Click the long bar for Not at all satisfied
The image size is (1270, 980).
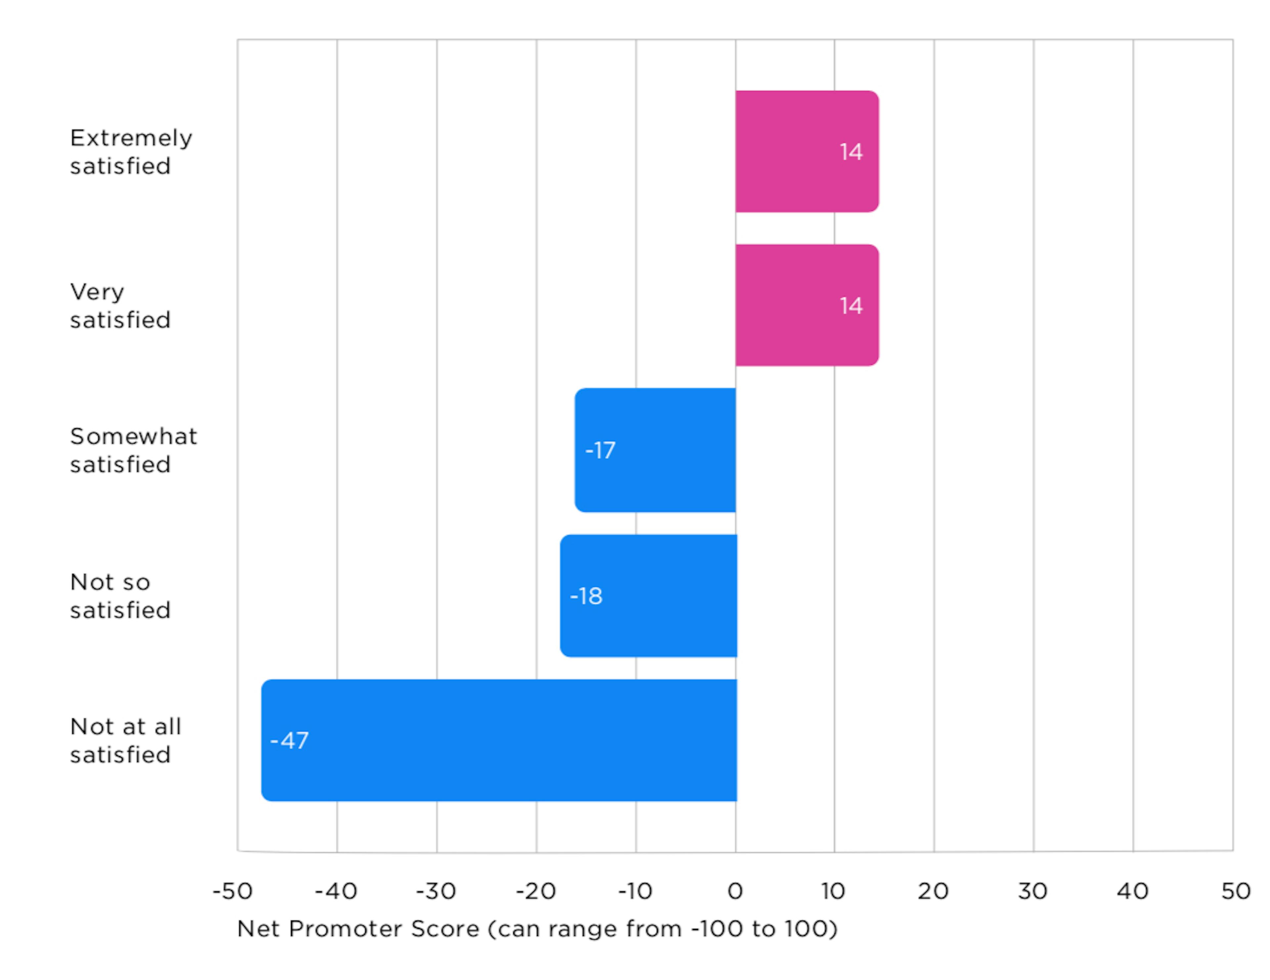[x=499, y=740]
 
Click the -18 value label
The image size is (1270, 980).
[x=586, y=596]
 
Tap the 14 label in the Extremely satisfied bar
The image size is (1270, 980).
[x=851, y=152]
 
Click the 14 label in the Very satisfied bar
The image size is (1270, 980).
[x=851, y=306]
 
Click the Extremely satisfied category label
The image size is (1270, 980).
[x=131, y=152]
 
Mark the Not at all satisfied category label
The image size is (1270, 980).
[x=126, y=740]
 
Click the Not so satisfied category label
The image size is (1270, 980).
[x=120, y=596]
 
